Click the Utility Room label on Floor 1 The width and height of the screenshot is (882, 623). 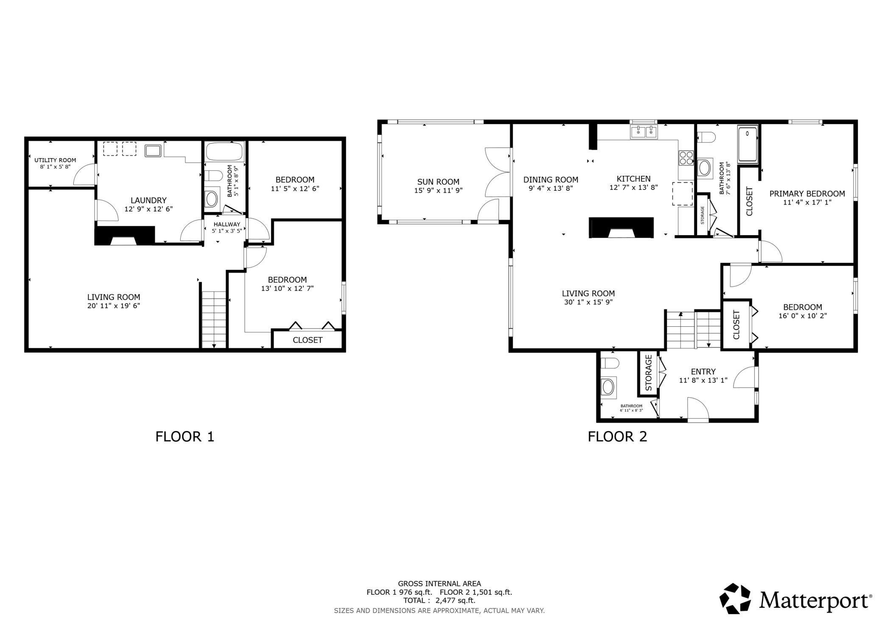click(55, 160)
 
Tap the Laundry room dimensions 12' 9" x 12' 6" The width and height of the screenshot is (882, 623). click(148, 209)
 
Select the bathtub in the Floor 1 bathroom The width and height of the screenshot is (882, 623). click(225, 151)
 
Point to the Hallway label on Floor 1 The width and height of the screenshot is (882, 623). click(227, 224)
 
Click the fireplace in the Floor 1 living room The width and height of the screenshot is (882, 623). click(124, 236)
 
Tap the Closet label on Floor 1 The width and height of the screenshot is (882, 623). click(307, 340)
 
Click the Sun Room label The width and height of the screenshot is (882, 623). click(438, 182)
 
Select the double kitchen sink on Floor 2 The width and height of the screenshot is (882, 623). click(644, 132)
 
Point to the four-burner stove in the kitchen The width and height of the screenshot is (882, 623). click(686, 158)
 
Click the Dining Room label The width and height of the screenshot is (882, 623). click(550, 179)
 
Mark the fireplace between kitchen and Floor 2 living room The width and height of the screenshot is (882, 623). click(621, 228)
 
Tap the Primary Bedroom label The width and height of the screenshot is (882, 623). click(807, 194)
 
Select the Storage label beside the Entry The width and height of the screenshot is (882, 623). click(648, 373)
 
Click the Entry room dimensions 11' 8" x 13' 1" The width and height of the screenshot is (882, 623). click(703, 381)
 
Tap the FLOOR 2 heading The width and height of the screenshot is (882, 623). click(617, 437)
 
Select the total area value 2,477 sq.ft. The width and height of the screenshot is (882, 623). click(455, 601)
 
